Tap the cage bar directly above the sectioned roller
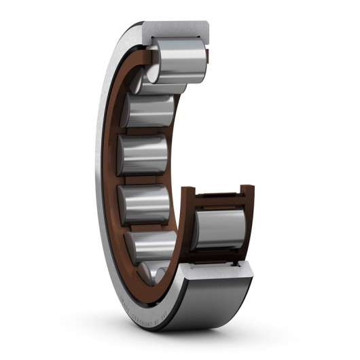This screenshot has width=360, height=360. (221, 200)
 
